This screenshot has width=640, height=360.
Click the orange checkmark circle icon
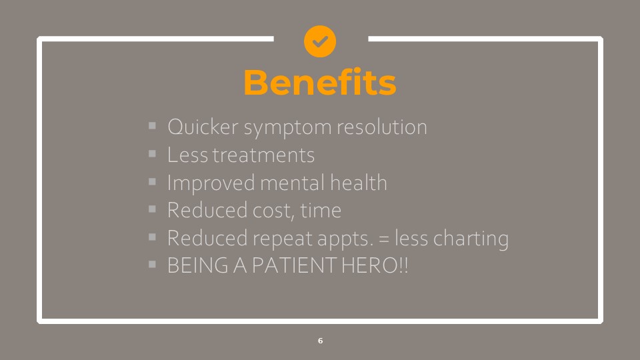pos(320,41)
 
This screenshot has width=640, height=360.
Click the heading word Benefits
pos(320,83)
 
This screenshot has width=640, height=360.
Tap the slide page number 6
pos(321,341)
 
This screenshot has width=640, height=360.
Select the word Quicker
pos(203,127)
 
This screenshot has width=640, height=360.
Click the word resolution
pos(381,127)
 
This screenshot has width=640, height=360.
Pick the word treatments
pos(263,155)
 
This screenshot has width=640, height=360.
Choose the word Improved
pos(211,184)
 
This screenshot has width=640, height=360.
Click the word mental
pos(292,183)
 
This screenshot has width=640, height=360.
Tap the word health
pos(359,183)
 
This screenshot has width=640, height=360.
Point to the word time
pos(321,211)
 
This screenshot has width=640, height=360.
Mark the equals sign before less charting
pos(384,239)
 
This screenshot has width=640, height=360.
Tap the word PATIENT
pos(294,265)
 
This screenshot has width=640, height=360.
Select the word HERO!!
pos(374,265)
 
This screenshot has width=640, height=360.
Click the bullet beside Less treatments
pos(152,154)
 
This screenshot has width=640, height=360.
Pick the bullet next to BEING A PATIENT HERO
pos(152,265)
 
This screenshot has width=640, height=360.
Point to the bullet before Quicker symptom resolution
pos(152,126)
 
